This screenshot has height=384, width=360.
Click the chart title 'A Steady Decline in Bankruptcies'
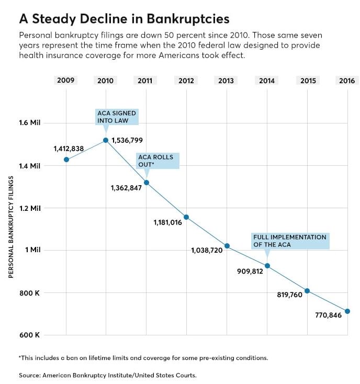124,19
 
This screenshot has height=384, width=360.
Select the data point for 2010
106,140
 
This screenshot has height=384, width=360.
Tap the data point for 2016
347,311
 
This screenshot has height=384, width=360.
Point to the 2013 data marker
227,246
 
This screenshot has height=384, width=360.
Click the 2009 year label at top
66,81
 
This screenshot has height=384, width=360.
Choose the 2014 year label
267,81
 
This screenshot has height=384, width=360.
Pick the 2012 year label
186,81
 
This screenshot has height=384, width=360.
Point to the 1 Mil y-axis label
32,250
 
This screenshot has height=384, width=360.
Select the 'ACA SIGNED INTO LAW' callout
117,117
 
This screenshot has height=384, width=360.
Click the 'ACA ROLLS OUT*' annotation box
158,161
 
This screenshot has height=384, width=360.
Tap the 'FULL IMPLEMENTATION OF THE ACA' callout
290,241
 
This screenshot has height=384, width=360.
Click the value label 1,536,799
127,140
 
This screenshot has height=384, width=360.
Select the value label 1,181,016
167,222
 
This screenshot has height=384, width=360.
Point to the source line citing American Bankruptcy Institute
108,375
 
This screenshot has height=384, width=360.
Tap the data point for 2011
147,183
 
